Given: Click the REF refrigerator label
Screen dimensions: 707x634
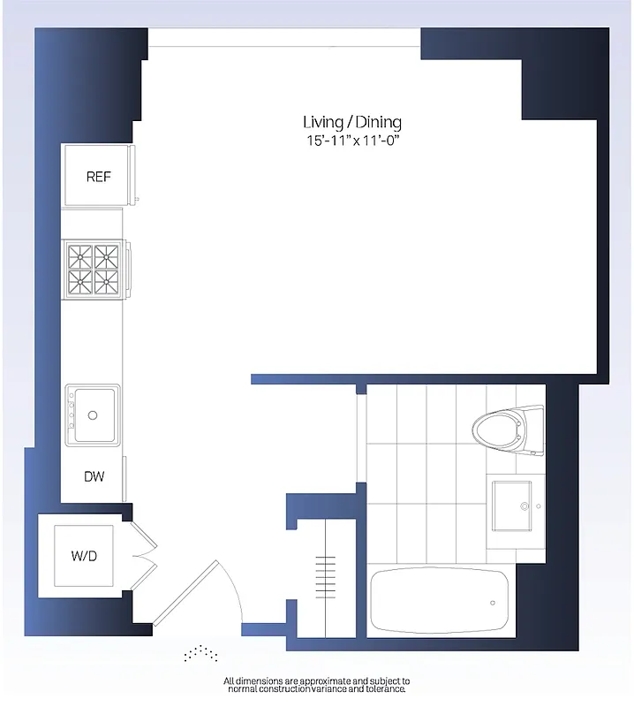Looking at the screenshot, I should pos(98,177).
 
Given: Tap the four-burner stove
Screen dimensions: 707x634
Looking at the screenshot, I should pos(94,270).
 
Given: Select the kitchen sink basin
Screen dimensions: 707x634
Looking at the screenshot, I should pos(94,414).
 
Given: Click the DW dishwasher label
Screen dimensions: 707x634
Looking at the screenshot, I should pos(94,477).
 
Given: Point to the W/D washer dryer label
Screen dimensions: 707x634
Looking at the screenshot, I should pos(83,557).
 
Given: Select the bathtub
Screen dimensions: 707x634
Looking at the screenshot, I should pos(439,601).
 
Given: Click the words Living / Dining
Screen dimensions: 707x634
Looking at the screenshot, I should pos(351,122).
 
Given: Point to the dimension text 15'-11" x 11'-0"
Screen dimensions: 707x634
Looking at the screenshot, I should pos(351,140).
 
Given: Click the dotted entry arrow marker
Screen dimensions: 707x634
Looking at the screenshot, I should pos(201,653).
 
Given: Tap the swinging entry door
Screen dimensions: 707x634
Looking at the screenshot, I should pos(189,592).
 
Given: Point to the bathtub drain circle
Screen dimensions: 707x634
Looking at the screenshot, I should pos(493,603).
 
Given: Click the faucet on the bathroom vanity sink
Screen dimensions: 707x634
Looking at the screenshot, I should pos(527,506).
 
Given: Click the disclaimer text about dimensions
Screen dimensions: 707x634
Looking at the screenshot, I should pos(317,685).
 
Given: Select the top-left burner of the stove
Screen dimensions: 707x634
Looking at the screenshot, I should pos(81,257).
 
